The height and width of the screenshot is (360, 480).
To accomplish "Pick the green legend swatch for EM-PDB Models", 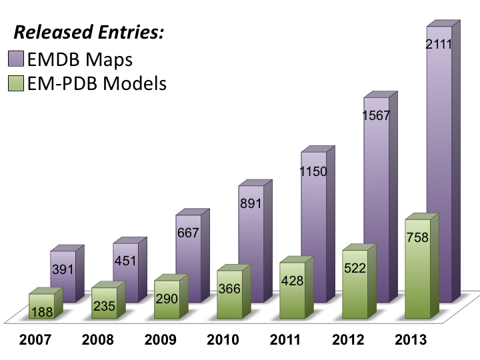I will point(15,83).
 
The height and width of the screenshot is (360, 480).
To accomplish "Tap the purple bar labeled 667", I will point(189,253).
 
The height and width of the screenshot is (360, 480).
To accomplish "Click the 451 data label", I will point(126,261).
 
